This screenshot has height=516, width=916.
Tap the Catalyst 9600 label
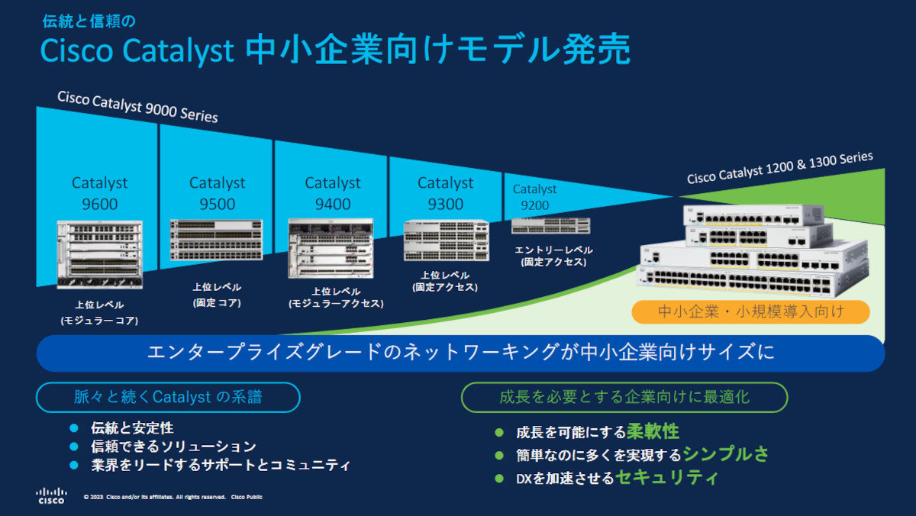pos(100,193)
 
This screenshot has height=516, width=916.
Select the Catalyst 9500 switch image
pos(217,240)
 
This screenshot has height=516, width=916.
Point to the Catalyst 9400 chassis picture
pos(331,248)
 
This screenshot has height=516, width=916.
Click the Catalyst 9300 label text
pos(445,193)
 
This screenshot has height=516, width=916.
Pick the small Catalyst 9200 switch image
pos(550,225)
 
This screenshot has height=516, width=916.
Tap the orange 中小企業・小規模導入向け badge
pos(751,311)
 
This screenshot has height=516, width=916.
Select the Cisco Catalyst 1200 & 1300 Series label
pos(779,167)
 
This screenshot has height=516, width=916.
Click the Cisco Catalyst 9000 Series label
pos(137,106)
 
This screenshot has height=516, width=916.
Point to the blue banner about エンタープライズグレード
pos(460,353)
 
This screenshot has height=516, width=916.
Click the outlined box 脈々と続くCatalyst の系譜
pos(169,397)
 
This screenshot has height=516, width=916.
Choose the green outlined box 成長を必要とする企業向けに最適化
pos(624,397)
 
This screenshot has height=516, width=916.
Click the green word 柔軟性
pos(653,431)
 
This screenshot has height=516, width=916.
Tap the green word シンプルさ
pos(725,454)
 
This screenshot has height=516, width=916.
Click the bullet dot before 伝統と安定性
pos(74,428)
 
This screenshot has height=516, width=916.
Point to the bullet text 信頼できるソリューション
pos(173,447)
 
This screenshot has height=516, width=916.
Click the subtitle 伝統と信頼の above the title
pos(89,21)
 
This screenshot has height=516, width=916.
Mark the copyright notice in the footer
pos(173,497)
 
